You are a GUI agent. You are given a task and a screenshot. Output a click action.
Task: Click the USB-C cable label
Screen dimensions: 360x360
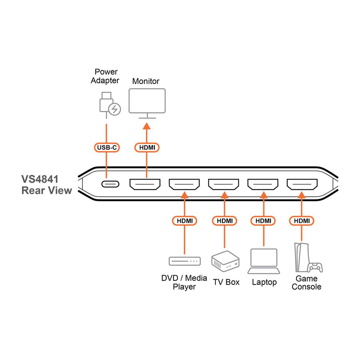[107, 147]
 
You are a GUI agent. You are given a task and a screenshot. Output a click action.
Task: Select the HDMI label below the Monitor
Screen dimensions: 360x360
[147, 147]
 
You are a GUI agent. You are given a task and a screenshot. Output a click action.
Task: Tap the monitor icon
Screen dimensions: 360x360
[147, 103]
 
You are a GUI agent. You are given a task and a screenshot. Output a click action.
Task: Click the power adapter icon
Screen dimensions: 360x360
[110, 105]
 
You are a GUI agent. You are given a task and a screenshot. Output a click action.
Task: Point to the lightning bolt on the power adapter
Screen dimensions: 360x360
[114, 109]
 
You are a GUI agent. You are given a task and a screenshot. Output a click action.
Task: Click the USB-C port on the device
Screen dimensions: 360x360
[110, 184]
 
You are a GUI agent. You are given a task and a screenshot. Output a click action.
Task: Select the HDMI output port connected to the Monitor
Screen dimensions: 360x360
[145, 184]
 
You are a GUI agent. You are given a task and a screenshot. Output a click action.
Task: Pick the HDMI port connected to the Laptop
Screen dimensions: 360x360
[263, 184]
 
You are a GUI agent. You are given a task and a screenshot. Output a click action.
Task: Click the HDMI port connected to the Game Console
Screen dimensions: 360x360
[302, 184]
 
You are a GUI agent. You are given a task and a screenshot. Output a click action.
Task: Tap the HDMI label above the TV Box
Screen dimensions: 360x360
[224, 221]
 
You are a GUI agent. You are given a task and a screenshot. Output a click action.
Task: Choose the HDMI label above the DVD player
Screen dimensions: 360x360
[184, 221]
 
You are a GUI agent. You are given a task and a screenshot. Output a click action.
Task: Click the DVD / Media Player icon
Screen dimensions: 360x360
[184, 261]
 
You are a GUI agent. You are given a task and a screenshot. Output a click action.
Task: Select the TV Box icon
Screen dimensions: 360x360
[225, 262]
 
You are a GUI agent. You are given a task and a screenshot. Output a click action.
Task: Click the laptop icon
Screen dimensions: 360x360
[264, 261]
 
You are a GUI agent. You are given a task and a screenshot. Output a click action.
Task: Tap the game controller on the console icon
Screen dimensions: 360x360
[315, 267]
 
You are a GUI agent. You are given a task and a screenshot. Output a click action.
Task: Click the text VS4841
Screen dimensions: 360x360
[40, 179]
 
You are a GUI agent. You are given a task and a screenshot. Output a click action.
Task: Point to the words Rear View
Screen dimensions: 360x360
[47, 190]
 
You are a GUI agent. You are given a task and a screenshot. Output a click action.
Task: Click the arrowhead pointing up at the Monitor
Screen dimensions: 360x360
[146, 126]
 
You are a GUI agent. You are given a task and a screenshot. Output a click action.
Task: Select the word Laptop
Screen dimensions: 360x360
[264, 282]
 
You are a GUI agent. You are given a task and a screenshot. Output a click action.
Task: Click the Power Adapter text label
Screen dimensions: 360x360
[105, 76]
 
